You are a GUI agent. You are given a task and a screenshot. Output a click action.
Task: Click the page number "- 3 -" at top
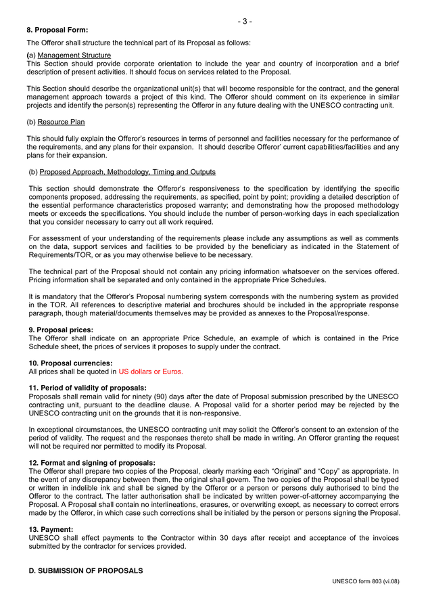pyautogui.click(x=244, y=21)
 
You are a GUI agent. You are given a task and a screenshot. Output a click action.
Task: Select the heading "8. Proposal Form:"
pyautogui.click(x=57, y=30)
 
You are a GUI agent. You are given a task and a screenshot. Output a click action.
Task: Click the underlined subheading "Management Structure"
pyautogui.click(x=74, y=55)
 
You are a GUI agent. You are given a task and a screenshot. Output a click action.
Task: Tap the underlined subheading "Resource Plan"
pyautogui.click(x=62, y=122)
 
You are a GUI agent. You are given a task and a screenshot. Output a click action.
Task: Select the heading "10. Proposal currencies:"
pyautogui.click(x=70, y=363)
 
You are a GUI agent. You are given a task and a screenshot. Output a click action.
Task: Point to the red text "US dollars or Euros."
pyautogui.click(x=151, y=371)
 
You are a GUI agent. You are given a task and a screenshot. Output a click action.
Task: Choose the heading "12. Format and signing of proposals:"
pyautogui.click(x=92, y=463)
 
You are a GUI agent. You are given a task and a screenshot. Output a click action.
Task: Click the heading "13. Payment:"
pyautogui.click(x=51, y=529)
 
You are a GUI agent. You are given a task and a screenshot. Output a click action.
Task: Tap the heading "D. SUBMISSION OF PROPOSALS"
pyautogui.click(x=86, y=571)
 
